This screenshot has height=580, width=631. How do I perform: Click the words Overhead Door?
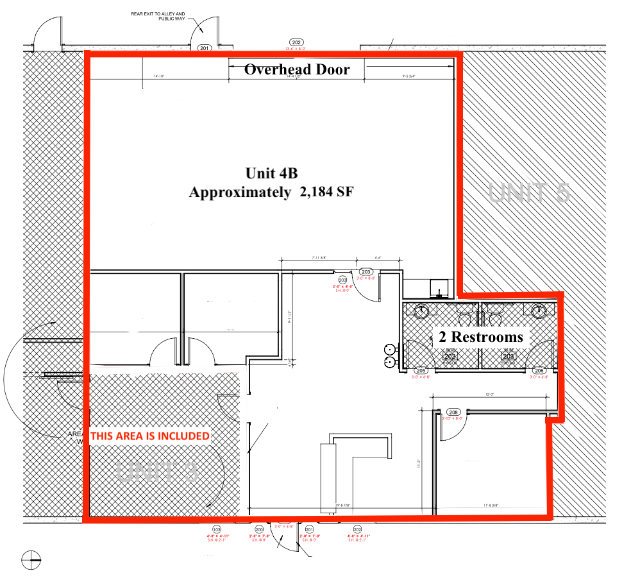(x=297, y=69)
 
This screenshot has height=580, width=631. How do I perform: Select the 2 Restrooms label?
(x=480, y=337)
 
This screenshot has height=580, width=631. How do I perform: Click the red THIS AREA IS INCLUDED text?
(x=149, y=436)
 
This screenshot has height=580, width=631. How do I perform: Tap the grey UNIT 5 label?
(x=529, y=192)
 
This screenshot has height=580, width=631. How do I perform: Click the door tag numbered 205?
(x=421, y=371)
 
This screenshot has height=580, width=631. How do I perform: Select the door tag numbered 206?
(x=539, y=371)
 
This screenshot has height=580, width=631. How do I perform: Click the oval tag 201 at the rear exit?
(x=205, y=47)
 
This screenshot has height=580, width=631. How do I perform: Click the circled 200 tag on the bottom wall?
(x=260, y=529)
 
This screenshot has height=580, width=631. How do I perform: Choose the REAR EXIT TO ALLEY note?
(x=158, y=16)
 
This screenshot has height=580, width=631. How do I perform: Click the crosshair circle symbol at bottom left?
(x=31, y=560)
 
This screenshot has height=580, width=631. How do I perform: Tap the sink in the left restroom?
(x=421, y=311)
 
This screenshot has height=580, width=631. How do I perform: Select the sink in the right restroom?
(x=539, y=311)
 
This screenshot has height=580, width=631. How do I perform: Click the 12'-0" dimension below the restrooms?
(x=491, y=394)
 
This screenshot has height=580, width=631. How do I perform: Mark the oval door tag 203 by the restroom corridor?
(x=366, y=272)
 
